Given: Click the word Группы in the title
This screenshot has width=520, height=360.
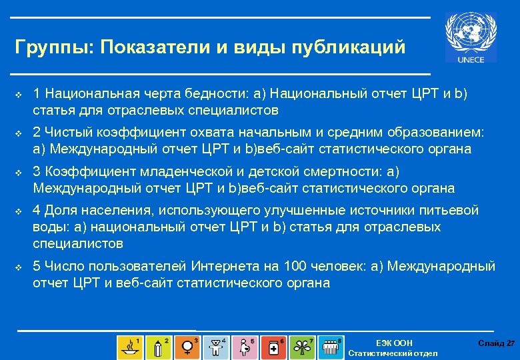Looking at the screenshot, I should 54,47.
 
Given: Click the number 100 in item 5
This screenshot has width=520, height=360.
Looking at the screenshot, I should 295,267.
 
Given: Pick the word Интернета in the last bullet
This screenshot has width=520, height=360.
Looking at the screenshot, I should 225,267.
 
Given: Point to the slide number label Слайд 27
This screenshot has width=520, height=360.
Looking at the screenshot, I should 496,343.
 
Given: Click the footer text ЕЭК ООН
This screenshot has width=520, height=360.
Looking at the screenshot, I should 394,343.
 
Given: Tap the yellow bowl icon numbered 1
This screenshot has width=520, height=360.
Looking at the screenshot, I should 129,347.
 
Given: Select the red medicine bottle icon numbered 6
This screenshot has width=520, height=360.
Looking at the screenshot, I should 274,347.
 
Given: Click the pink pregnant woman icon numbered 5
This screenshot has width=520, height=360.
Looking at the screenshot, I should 245,347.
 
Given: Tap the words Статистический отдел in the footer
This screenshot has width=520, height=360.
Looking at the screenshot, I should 393,353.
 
